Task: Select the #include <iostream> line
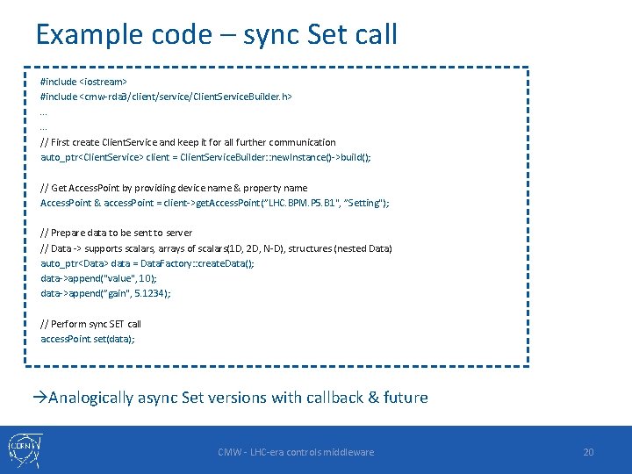84,81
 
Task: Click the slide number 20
588,452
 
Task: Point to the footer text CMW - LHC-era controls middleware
296,452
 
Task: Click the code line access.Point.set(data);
88,339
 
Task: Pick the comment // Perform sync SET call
91,324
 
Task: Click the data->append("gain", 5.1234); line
105,293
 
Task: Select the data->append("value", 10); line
98,278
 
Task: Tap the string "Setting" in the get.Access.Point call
368,203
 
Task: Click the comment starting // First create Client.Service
188,142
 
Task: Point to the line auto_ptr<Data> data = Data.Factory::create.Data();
147,263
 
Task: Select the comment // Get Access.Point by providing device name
174,188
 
